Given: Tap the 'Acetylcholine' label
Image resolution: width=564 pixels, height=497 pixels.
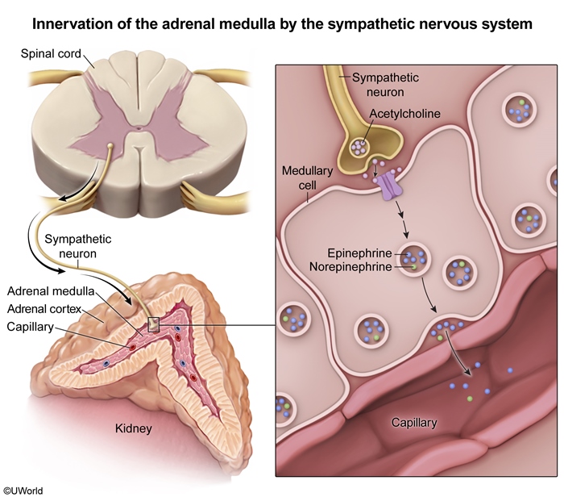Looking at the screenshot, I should point(404,114).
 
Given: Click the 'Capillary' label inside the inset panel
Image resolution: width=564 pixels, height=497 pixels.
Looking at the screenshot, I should point(414,422).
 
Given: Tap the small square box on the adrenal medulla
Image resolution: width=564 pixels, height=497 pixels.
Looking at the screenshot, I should point(154,324).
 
